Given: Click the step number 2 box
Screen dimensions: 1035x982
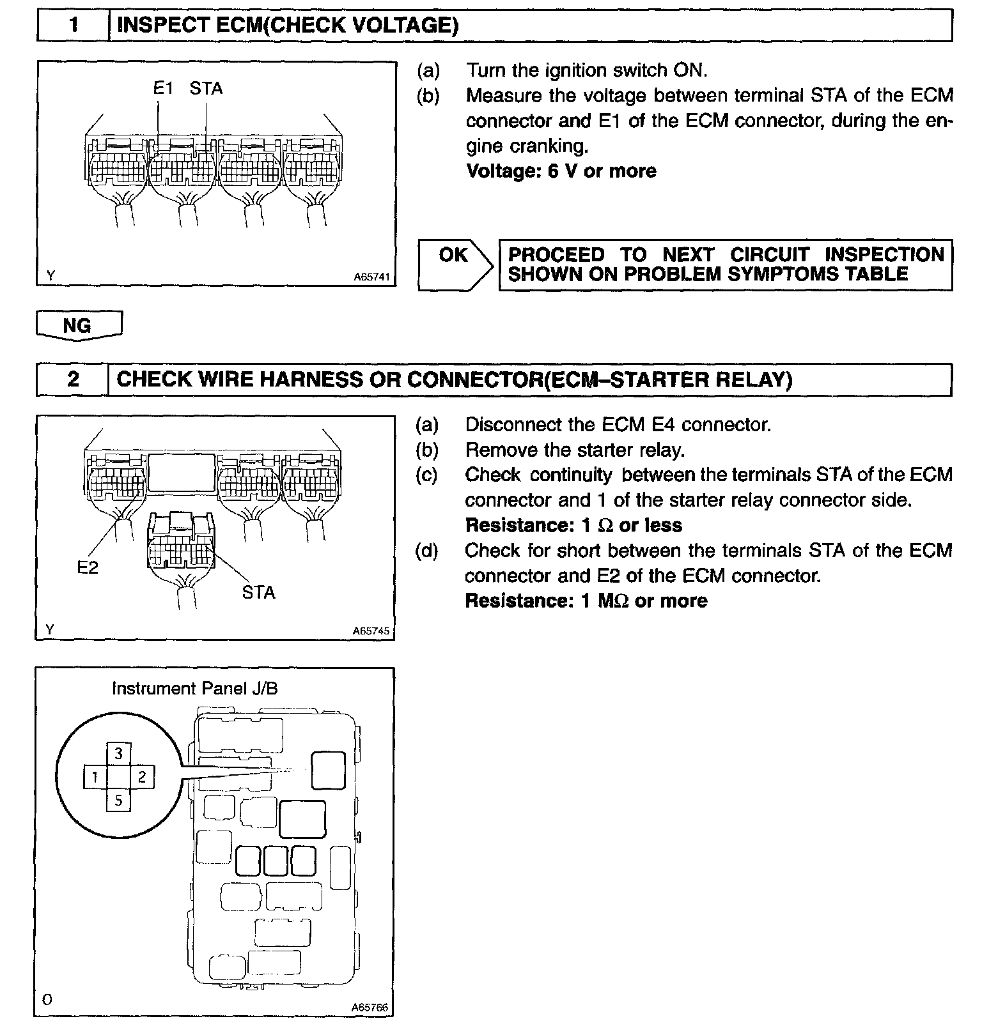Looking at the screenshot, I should pyautogui.click(x=73, y=379).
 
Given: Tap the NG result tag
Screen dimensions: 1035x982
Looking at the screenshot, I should pyautogui.click(x=78, y=326).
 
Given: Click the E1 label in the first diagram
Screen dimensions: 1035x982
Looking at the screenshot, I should pyautogui.click(x=163, y=88).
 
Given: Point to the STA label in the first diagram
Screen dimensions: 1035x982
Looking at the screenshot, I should pyautogui.click(x=206, y=88).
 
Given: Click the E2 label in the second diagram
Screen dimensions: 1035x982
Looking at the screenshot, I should pyautogui.click(x=88, y=567).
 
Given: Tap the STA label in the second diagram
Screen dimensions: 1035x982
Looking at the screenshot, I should pyautogui.click(x=258, y=593).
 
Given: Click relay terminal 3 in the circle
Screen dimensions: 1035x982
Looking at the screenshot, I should pyautogui.click(x=118, y=754).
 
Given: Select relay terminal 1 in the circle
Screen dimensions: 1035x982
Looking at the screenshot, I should pyautogui.click(x=95, y=778).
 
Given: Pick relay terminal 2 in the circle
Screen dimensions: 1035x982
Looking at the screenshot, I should pyautogui.click(x=142, y=778).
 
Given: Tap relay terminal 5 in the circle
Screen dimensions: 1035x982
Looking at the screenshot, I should pyautogui.click(x=118, y=800).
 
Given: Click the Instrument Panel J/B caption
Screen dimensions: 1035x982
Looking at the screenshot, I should pyautogui.click(x=194, y=689).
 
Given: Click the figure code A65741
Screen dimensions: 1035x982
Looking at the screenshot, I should pyautogui.click(x=371, y=278).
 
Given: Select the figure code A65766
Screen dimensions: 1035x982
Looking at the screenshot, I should pyautogui.click(x=370, y=1008).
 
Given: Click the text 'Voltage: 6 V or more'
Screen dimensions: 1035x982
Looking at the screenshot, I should pyautogui.click(x=561, y=171).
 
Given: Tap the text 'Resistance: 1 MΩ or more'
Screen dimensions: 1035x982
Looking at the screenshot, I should pyautogui.click(x=586, y=601).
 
